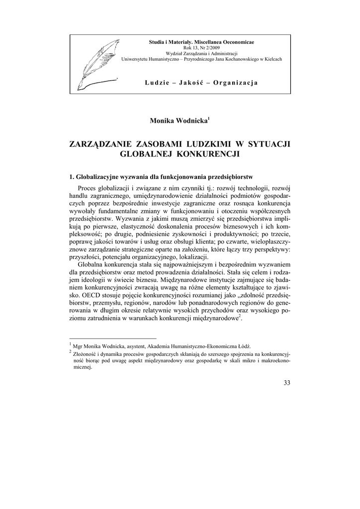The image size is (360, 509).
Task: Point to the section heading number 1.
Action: click(x=72, y=177)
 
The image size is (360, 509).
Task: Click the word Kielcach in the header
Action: click(x=269, y=59)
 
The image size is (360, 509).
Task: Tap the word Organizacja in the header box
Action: click(x=235, y=82)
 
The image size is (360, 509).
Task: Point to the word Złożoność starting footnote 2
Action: click(x=87, y=353)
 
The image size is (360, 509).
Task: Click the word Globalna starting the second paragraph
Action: click(x=92, y=264)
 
